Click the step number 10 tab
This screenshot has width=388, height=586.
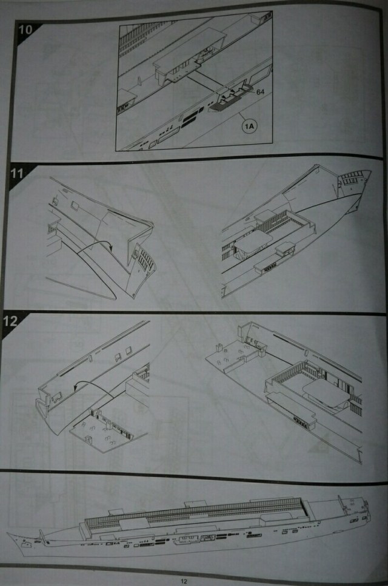25,29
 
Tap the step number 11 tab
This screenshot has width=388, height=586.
16,173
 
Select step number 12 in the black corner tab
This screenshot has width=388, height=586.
10,321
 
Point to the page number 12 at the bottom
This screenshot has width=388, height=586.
183,581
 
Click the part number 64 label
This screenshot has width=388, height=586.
260,92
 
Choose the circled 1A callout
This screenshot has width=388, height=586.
249,127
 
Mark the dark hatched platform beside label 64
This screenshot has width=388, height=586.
223,102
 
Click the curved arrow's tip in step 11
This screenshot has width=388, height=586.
112,249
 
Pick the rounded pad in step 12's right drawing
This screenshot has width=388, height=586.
326,392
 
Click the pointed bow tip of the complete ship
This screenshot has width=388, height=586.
8,535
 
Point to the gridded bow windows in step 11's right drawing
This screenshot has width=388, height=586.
350,179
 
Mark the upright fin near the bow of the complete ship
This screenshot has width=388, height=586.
42,536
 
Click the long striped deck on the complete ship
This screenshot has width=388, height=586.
195,510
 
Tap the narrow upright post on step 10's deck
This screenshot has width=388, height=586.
138,81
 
